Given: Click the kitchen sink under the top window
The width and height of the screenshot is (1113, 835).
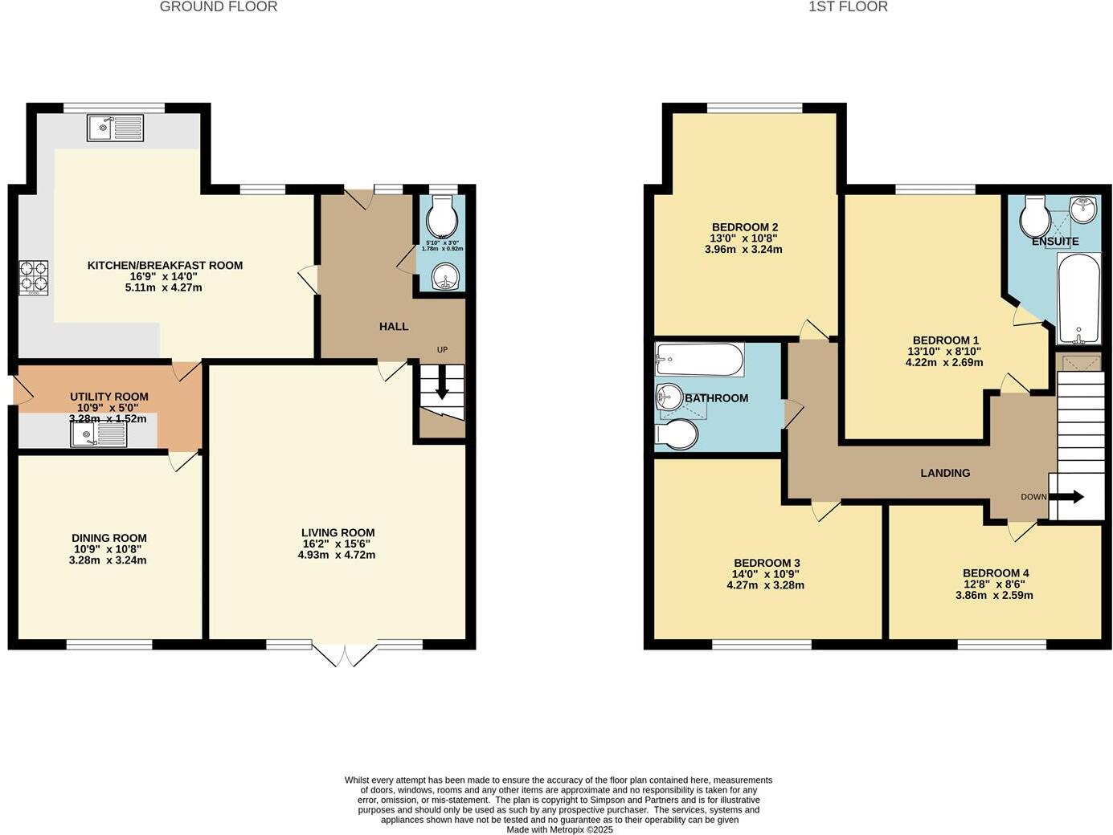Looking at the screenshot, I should coord(116,128).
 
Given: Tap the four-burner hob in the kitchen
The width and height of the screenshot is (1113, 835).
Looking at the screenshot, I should coord(33,276).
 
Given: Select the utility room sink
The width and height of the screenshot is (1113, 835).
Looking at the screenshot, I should coord(98,435).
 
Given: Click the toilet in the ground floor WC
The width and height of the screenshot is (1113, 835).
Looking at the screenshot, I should coord(442,216).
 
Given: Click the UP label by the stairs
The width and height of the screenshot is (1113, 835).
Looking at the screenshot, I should coord(442,350).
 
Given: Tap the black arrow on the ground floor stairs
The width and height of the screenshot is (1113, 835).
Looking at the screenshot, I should coord(442,389).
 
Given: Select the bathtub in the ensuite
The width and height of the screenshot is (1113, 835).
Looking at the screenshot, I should coord(1078,298).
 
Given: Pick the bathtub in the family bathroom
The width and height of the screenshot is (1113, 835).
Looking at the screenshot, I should coord(698,360).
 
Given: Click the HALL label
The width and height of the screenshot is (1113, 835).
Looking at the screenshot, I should coord(394,327).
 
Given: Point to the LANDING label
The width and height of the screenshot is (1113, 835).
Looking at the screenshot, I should coord(945,473).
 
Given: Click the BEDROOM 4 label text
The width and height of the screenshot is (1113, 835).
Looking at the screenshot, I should coord(996,573).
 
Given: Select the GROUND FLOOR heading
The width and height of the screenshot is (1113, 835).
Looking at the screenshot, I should coord(219,7).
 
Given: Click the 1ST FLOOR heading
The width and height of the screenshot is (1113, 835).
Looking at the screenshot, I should coord(848,7).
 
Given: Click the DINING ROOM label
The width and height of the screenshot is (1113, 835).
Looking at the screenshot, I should coord(109,538).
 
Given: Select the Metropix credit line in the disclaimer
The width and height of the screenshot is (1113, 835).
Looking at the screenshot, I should coord(559,829).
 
